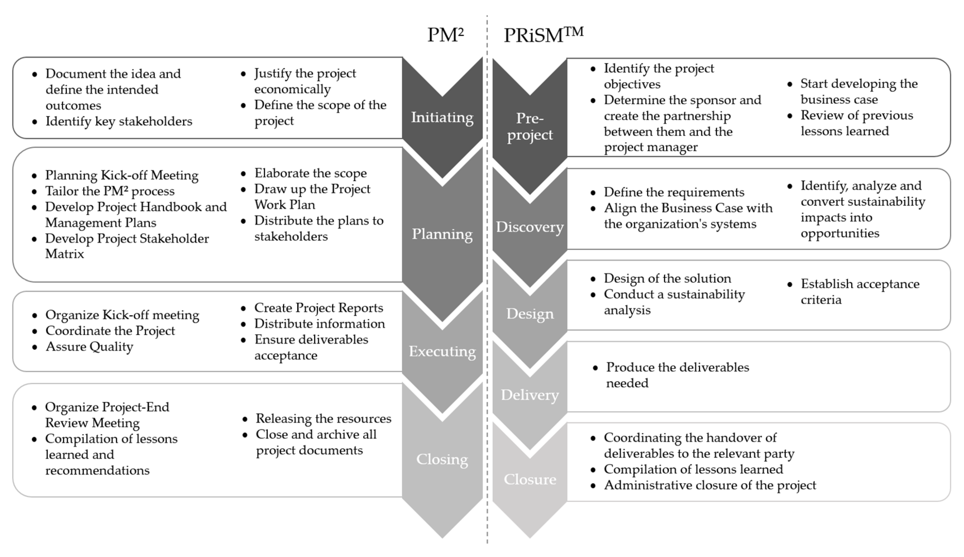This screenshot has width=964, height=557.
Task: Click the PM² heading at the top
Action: pos(445,35)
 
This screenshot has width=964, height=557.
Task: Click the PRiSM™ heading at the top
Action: pos(543,35)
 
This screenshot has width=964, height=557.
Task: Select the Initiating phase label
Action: pos(442,117)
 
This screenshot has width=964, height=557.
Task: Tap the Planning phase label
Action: pos(442,234)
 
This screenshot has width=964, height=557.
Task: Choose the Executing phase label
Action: pos(442,351)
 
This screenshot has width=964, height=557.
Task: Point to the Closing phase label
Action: pos(442,459)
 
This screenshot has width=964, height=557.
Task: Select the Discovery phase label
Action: pos(530,227)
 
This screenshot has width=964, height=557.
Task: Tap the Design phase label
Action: pos(530,313)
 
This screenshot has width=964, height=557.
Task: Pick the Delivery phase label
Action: pos(530,395)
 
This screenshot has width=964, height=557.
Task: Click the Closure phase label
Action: pos(530,479)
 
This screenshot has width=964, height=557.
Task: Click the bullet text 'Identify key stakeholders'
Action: pos(118,121)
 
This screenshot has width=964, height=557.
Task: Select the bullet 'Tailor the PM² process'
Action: pos(110,191)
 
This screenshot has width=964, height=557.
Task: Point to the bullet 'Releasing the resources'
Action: pos(323,419)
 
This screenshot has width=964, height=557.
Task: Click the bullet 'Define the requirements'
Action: pos(674,192)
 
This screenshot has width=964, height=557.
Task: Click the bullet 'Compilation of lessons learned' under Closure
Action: pos(693,469)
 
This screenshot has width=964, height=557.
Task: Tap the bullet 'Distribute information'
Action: pos(319,324)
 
